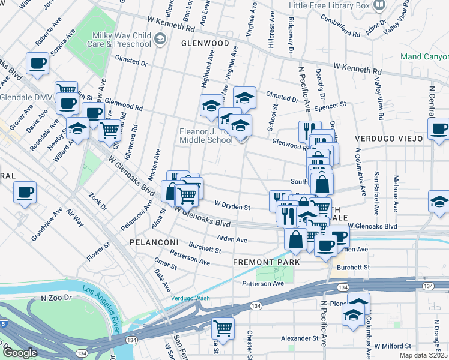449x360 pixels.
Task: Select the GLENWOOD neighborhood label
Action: coord(205,44)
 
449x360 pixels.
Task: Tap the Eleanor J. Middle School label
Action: coord(206,136)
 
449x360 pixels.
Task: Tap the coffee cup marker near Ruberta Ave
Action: coord(37,63)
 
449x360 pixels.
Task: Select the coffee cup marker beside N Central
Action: coord(439,128)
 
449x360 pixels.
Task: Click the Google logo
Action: coord(20,353)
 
